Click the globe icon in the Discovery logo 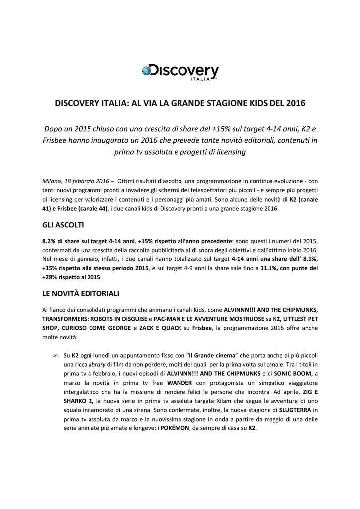147,71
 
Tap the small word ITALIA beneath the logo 201,79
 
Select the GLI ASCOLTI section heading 63,225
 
